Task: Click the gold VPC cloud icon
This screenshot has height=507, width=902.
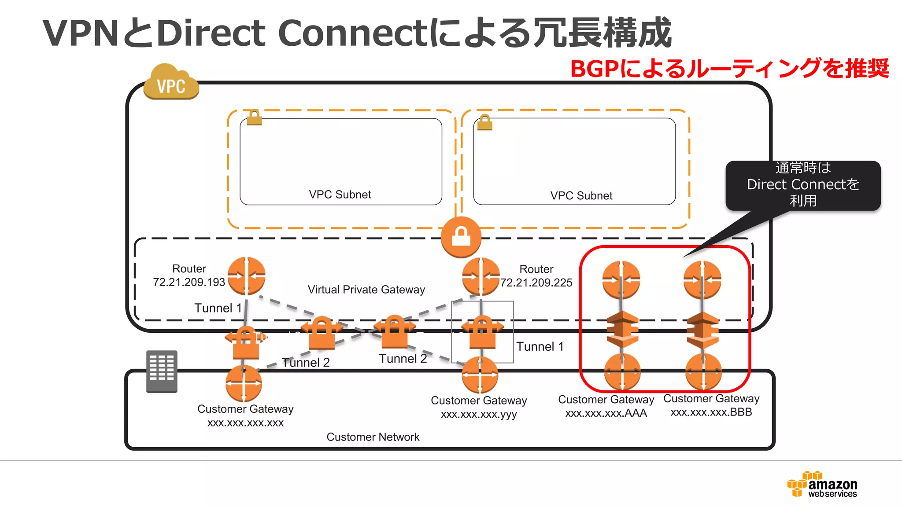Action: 171,82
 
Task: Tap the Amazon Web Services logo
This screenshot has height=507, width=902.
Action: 822,485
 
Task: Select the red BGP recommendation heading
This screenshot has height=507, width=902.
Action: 729,69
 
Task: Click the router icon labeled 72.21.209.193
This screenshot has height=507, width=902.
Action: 246,276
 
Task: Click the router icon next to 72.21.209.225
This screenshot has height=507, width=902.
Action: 481,276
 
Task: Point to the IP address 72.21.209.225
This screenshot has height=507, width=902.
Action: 536,283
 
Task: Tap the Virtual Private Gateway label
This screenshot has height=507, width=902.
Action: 366,290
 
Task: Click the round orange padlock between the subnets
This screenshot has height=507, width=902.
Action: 461,237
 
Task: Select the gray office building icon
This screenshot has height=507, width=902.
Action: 162,371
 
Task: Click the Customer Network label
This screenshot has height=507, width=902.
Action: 373,437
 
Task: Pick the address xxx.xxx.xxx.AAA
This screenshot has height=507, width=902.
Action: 606,413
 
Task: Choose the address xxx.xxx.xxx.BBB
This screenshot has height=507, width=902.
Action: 711,412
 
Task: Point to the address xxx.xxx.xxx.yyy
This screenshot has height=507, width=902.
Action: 478,414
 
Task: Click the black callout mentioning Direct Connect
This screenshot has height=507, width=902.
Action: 802,185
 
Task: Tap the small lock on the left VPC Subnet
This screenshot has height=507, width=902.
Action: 254,118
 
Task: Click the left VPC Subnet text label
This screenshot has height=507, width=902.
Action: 340,195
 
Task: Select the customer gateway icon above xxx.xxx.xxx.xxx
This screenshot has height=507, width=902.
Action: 244,383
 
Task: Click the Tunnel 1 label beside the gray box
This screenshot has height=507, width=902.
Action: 540,347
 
